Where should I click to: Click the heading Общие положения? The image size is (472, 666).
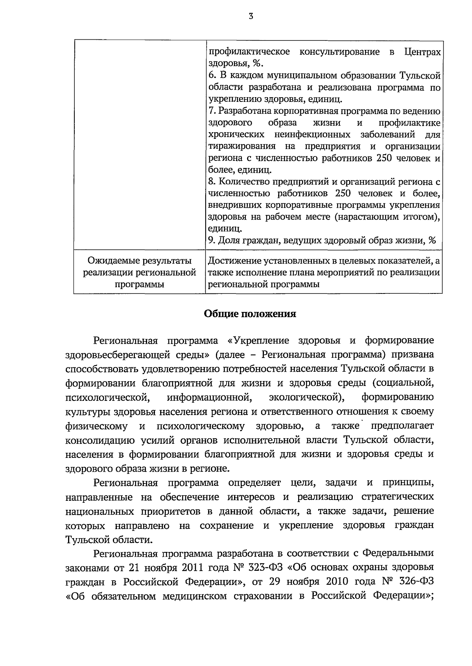point(250,314)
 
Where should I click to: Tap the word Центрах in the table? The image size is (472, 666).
point(422,52)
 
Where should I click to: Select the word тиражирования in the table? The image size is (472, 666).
point(242,146)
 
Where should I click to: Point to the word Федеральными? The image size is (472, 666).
point(398,553)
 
